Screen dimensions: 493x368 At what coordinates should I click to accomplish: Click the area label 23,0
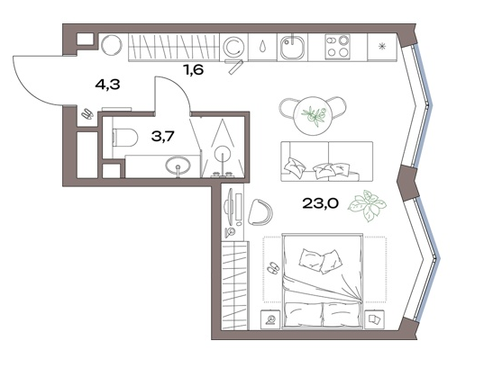tap(320, 203)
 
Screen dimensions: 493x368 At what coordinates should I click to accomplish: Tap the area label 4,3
tap(107, 85)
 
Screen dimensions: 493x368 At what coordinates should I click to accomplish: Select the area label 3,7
tap(162, 136)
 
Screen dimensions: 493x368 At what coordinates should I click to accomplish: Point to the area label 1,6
tap(194, 69)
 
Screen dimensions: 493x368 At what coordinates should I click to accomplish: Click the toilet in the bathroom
tap(124, 138)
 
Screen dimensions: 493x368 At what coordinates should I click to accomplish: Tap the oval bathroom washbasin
tap(178, 165)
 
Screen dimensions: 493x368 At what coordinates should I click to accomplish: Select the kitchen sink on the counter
tap(292, 47)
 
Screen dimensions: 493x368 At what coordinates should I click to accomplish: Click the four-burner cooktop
tap(337, 46)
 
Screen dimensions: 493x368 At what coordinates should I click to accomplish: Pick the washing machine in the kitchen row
tap(233, 47)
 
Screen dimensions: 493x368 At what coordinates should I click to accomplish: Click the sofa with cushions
tap(326, 161)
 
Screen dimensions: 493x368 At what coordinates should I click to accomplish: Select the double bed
tap(323, 281)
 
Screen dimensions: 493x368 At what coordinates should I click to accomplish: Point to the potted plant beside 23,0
tap(367, 205)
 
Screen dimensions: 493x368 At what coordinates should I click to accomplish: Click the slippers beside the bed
tap(272, 268)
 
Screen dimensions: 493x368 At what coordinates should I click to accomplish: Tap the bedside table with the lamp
tap(270, 319)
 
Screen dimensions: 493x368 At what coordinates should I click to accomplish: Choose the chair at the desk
tap(260, 212)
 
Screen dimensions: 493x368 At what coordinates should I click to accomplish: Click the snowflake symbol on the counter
tap(382, 47)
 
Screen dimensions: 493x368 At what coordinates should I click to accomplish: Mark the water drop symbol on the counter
tap(262, 47)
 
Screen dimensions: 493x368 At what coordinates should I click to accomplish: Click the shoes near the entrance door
tap(87, 113)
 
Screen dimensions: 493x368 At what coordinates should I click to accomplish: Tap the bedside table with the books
tap(374, 319)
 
